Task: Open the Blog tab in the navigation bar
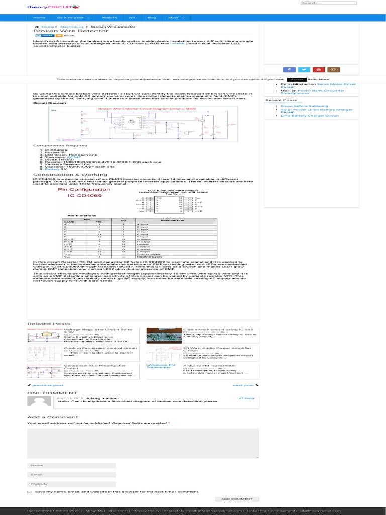[152, 18]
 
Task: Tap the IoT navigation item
[132, 18]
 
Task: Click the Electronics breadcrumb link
[72, 26]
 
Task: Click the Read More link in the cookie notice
[318, 79]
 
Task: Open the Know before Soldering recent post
[305, 106]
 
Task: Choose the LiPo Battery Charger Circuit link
[310, 116]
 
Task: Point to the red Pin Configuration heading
[76, 190]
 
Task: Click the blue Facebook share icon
[289, 70]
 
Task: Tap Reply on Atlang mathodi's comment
[248, 398]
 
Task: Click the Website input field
[71, 484]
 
